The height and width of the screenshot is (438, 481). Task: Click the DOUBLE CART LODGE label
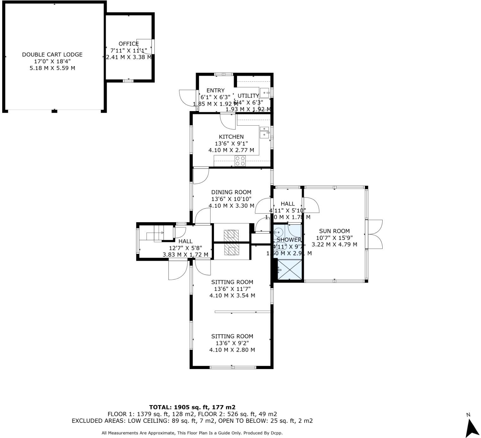(52, 54)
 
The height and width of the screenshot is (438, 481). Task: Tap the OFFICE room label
(128, 44)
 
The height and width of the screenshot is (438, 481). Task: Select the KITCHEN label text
(231, 137)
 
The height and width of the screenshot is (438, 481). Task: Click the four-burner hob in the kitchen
(240, 161)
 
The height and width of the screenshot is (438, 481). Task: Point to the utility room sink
(265, 93)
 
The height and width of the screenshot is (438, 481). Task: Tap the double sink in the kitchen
(264, 132)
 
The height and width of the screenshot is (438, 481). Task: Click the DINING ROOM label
(231, 192)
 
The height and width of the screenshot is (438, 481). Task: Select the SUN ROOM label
(334, 231)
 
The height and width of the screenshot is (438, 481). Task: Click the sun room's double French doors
(375, 234)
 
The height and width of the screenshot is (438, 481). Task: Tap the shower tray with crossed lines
(290, 270)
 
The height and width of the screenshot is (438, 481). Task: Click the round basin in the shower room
(278, 232)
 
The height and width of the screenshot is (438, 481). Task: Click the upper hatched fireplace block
(231, 235)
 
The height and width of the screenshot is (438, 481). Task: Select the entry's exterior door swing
(186, 97)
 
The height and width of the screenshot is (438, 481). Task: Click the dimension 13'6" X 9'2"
(232, 343)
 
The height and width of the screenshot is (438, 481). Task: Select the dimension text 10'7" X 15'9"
(334, 238)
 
